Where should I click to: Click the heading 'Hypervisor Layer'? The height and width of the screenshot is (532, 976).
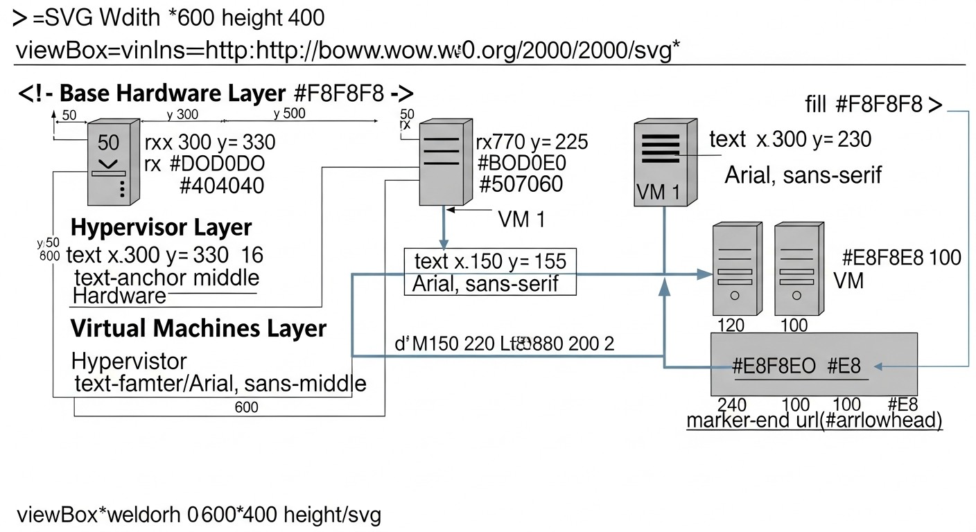[162, 227]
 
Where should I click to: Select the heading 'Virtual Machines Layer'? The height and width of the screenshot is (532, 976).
[198, 328]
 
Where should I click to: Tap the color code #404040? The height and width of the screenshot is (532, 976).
[221, 186]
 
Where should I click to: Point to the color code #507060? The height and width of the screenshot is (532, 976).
[521, 184]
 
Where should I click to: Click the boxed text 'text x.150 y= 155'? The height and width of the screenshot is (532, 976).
[489, 261]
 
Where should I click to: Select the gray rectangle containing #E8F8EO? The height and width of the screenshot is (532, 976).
[814, 364]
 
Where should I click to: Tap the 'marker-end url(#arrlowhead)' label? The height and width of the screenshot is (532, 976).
[814, 421]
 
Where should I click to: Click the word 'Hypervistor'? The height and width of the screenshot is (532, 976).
[130, 361]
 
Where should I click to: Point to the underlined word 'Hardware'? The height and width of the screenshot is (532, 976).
[119, 297]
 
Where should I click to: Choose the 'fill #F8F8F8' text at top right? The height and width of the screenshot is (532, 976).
[873, 105]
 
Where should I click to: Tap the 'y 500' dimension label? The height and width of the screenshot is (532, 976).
[289, 114]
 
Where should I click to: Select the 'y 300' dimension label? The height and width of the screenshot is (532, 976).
[182, 114]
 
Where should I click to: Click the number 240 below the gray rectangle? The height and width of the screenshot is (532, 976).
[732, 405]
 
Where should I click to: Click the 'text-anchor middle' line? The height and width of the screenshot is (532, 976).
[166, 278]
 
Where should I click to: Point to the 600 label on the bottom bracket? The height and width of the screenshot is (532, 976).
[246, 407]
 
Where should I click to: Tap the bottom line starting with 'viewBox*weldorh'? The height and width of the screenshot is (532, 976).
[198, 515]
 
